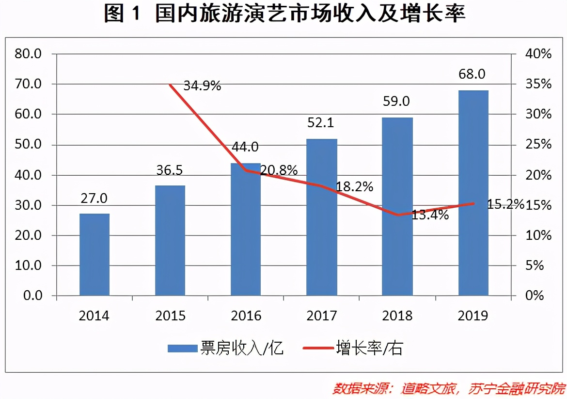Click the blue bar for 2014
tap(94, 254)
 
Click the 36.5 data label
tap(170, 170)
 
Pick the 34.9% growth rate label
tap(203, 86)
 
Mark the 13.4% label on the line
tap(430, 215)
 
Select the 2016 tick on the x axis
tap(246, 316)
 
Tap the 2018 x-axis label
tap(397, 316)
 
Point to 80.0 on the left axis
tap(29, 53)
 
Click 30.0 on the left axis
tap(29, 205)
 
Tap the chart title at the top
tap(284, 15)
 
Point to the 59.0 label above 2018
tap(397, 101)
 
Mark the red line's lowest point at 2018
tap(398, 215)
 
